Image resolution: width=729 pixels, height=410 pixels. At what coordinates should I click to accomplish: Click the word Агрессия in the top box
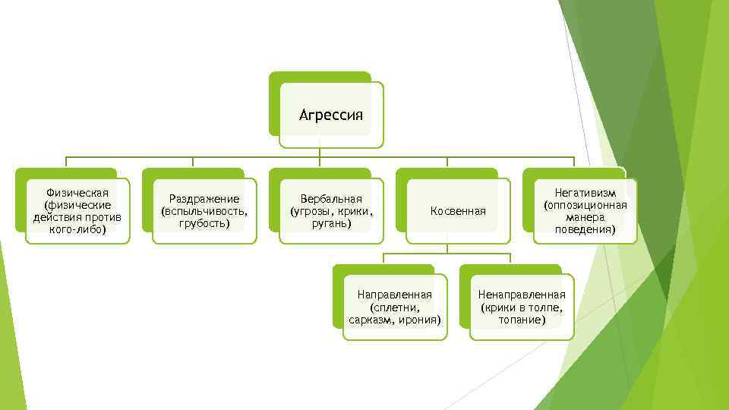pyautogui.click(x=331, y=115)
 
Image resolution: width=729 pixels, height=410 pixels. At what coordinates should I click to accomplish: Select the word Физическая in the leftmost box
pyautogui.click(x=77, y=192)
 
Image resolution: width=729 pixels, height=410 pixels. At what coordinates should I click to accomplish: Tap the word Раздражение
pyautogui.click(x=204, y=198)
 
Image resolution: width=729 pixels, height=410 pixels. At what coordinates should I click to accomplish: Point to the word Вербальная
pyautogui.click(x=331, y=198)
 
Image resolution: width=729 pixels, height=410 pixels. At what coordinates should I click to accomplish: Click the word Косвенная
pyautogui.click(x=458, y=210)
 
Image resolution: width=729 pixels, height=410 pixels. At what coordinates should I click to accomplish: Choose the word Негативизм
pyautogui.click(x=585, y=193)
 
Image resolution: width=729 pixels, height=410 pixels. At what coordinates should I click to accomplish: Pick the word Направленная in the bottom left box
pyautogui.click(x=394, y=295)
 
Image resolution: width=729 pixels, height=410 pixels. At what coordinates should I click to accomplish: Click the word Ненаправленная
pyautogui.click(x=522, y=295)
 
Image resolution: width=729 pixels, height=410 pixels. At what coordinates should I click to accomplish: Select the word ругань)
pyautogui.click(x=331, y=223)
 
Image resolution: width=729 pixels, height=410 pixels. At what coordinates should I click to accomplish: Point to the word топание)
pyautogui.click(x=522, y=320)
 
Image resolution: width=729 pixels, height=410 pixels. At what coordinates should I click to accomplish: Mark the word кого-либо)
pyautogui.click(x=77, y=229)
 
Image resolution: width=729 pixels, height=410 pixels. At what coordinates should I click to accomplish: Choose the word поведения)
pyautogui.click(x=585, y=229)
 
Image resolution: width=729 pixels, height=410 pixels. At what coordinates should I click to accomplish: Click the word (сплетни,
pyautogui.click(x=394, y=307)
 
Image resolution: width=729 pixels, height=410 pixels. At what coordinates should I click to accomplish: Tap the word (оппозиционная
pyautogui.click(x=585, y=205)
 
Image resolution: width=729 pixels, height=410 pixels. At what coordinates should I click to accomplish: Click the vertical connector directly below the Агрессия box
pyautogui.click(x=320, y=152)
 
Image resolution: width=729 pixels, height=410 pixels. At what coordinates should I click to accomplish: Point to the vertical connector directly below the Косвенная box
pyautogui.click(x=447, y=248)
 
